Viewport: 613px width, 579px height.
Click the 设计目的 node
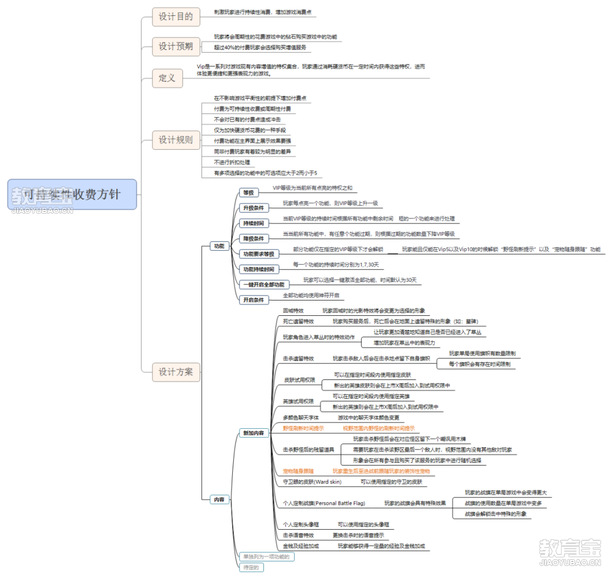[x=176, y=16]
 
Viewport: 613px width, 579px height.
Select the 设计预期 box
[x=176, y=47]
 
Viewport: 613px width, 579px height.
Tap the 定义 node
[x=167, y=78]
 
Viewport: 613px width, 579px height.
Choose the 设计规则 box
[x=176, y=140]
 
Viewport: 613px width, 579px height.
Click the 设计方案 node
[x=176, y=372]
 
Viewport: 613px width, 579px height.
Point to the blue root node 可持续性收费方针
[x=72, y=195]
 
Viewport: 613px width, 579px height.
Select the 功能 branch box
[x=219, y=246]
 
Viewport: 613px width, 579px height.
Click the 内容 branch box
[x=219, y=500]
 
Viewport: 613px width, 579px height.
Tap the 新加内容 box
[x=253, y=433]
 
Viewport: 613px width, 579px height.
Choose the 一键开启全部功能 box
[x=264, y=285]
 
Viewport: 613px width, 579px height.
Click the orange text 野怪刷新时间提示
[x=304, y=428]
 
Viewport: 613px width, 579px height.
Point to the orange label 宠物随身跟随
[x=298, y=471]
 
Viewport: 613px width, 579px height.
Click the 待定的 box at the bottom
[x=250, y=567]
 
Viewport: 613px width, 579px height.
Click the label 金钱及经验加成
[x=301, y=546]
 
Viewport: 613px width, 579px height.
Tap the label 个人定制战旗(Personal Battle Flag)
[x=324, y=503]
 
